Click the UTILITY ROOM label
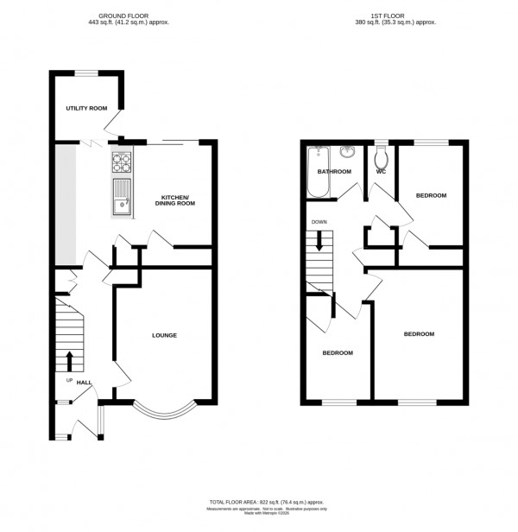tap(86, 109)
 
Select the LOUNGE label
tap(164, 335)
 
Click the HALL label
tap(84, 382)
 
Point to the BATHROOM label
tap(334, 172)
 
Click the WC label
tap(380, 172)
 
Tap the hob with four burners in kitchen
tap(121, 161)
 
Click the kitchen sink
tap(120, 200)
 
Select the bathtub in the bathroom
tap(318, 172)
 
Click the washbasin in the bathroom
tap(348, 153)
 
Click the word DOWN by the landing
tap(319, 222)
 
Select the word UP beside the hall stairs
tap(67, 380)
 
